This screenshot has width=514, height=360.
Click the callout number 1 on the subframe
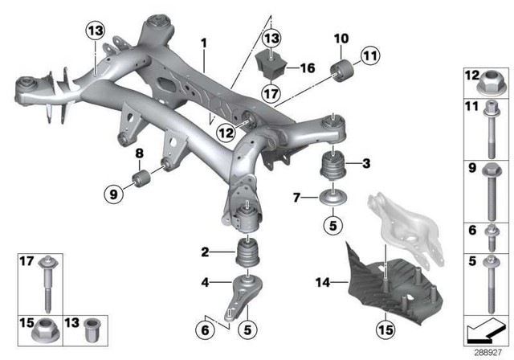[204, 40]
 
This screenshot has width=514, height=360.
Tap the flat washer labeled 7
[332, 197]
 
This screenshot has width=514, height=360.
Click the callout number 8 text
[140, 153]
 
